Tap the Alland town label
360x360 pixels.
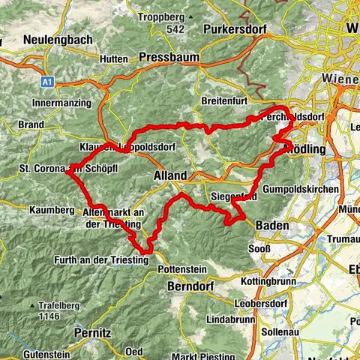[169, 175]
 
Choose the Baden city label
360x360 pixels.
[272, 224]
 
